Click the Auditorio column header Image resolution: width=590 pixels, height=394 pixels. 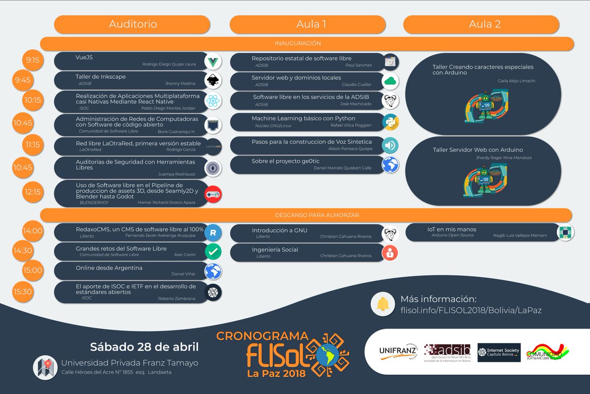[x=133, y=24]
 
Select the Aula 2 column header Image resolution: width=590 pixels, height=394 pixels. [x=484, y=24]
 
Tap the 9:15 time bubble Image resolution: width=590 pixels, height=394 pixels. [x=33, y=61]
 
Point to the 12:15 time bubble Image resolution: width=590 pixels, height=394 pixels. [x=33, y=192]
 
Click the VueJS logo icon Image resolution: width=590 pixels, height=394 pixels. [x=213, y=61]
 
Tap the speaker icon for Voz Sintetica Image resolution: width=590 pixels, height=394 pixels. [x=390, y=145]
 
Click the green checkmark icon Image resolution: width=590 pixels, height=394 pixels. [x=213, y=251]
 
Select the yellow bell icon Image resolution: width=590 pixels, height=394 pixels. [x=383, y=304]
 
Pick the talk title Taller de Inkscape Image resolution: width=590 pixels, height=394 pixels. [x=100, y=76]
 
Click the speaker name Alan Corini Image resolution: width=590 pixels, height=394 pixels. [x=185, y=255]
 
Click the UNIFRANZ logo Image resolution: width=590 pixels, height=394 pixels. [x=398, y=351]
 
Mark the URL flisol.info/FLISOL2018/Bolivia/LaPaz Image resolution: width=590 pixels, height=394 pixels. [x=471, y=310]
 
